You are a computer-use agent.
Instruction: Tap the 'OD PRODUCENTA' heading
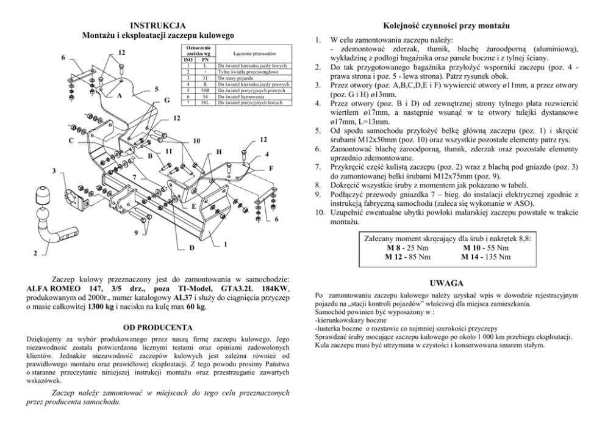[x=158, y=327]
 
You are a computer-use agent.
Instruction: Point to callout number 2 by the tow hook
[x=35, y=252]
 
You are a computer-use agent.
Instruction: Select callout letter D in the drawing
[x=191, y=248]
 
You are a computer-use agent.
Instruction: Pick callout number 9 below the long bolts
[x=135, y=232]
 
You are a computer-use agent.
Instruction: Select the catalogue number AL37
[x=183, y=297]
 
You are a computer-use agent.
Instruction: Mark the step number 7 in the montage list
[x=317, y=165]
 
